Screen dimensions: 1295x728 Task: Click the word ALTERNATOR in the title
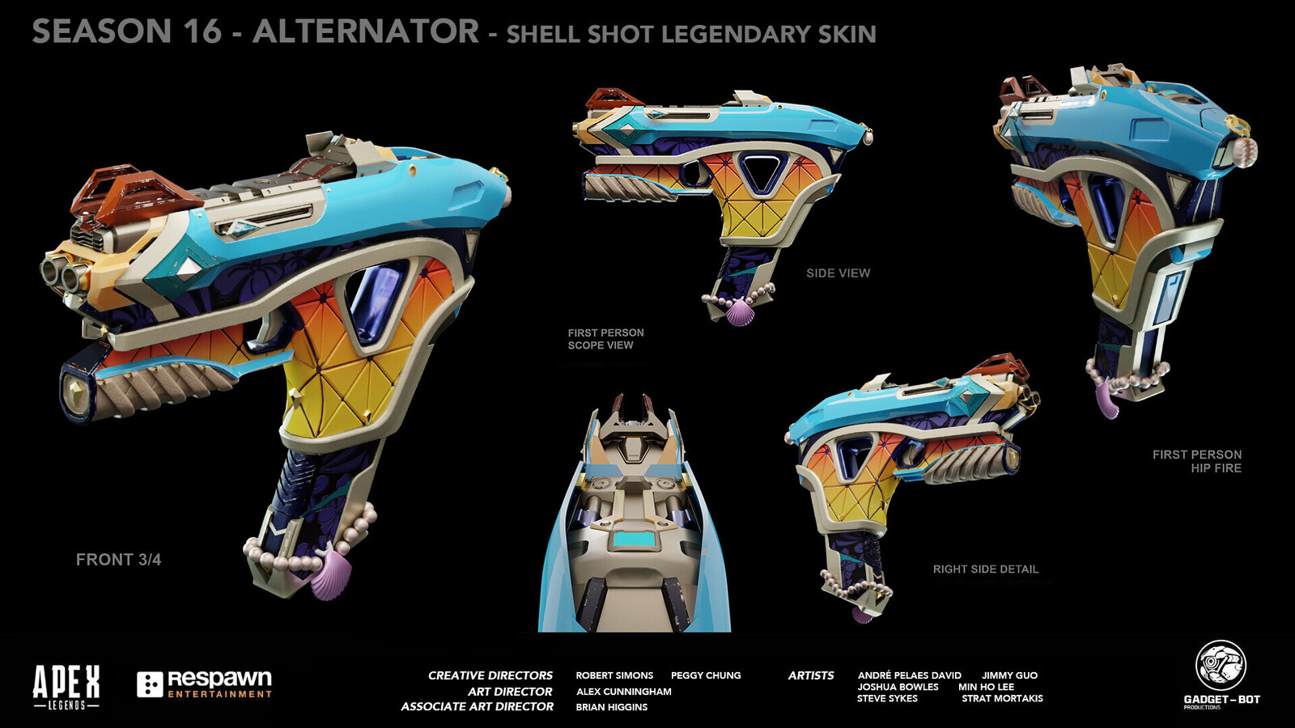click(x=365, y=32)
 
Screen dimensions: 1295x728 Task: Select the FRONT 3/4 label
click(x=118, y=559)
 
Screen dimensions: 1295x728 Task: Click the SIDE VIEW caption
click(x=839, y=273)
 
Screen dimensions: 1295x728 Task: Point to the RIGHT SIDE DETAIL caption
click(x=986, y=569)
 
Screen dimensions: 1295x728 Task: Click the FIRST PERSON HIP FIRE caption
click(x=1197, y=461)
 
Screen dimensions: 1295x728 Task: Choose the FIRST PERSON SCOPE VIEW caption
click(x=605, y=339)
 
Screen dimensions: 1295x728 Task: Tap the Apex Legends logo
click(x=66, y=687)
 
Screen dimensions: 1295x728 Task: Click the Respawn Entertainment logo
click(x=204, y=684)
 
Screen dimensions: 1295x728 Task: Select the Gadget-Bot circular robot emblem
click(x=1221, y=666)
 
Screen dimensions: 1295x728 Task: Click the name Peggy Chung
click(x=706, y=675)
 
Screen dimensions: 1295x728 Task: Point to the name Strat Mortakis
click(x=1003, y=699)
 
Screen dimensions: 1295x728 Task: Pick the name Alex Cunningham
click(x=624, y=692)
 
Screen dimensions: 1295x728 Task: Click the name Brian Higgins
click(x=612, y=707)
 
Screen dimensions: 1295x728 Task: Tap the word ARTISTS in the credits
click(x=810, y=675)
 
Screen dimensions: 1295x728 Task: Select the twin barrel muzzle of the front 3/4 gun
click(x=60, y=273)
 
